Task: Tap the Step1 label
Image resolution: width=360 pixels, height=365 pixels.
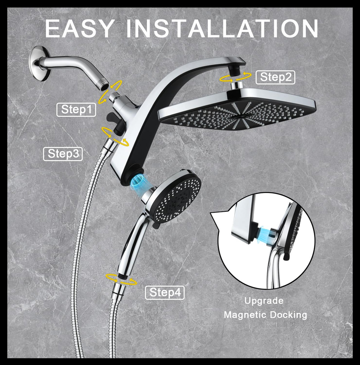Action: click(76, 110)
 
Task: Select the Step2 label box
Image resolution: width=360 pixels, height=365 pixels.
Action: click(275, 77)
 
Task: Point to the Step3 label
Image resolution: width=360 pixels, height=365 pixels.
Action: click(63, 154)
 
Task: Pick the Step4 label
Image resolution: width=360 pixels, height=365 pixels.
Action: click(165, 293)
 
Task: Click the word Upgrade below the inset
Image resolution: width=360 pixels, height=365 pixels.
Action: click(264, 301)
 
